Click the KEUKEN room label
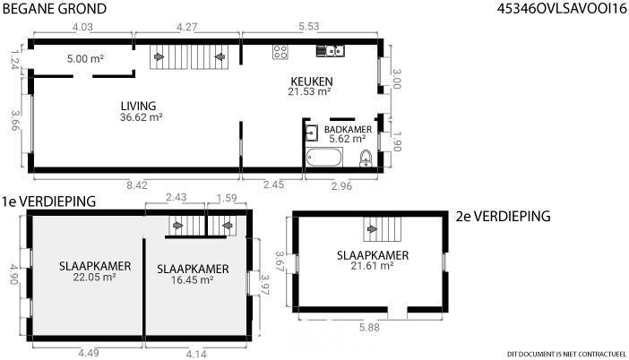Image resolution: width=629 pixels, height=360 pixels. coord(312,81)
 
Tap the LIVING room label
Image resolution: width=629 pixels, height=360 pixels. coord(138,106)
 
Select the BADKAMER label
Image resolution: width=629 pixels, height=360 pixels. coord(348,130)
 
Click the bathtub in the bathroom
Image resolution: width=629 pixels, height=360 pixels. coord(324,157)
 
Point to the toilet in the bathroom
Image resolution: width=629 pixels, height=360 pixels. coord(366,158)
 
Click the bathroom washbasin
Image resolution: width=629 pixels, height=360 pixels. coord(312,133)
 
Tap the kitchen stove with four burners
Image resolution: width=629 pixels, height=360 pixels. coord(280,52)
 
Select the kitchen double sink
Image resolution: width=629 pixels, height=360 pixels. coord(330,51)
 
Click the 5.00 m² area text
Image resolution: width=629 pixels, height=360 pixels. coord(85,58)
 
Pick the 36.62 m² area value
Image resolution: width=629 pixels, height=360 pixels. coord(142,117)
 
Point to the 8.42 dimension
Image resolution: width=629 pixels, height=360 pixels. coord(137,185)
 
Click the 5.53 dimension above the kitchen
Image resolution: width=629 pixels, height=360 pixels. coord(309,27)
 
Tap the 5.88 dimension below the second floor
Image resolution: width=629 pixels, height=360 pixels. coord(369,327)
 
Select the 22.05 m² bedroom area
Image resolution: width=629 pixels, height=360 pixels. coord(95,277)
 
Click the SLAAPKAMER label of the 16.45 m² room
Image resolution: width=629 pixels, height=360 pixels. coord(193,269)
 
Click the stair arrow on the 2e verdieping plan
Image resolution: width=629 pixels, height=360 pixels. coord(372,229)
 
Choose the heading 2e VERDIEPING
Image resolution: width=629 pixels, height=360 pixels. coord(503,216)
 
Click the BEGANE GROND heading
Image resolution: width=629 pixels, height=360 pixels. coord(55,8)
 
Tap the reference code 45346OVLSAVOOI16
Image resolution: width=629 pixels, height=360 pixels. coord(562,8)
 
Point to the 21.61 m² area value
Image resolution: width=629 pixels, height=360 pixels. coord(372,265)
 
